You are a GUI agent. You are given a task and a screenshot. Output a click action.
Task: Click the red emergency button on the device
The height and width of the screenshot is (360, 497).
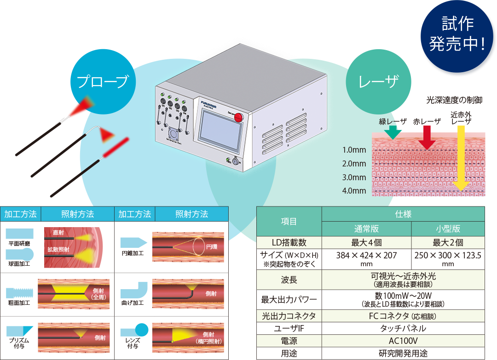238,117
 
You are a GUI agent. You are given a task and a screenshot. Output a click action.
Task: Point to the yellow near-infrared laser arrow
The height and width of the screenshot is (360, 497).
461,156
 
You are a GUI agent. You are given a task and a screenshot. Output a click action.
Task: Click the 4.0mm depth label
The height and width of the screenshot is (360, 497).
354,191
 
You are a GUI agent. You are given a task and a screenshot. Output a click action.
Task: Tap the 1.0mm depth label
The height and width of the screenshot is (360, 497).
354,150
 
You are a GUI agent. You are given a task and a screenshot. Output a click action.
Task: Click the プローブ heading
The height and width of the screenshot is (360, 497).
102,82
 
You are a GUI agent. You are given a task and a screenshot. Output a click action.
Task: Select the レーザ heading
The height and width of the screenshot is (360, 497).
378,82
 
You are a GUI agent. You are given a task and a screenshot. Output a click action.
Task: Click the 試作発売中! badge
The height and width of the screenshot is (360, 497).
457,34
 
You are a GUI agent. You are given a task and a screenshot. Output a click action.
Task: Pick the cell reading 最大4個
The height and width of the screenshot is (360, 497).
366,243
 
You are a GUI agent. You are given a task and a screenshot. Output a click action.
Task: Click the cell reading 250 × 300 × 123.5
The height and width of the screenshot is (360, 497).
448,255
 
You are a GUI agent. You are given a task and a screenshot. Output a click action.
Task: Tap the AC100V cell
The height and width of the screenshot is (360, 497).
403,341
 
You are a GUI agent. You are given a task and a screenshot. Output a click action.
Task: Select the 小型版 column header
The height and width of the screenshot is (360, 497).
448,229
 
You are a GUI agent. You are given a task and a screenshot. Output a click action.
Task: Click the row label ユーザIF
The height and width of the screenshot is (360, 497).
289,328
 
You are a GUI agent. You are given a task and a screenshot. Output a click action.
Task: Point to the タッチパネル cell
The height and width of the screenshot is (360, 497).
403,328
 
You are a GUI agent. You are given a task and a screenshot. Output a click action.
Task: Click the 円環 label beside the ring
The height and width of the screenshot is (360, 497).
213,247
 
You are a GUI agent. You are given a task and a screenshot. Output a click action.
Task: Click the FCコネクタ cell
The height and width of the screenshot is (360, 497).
403,316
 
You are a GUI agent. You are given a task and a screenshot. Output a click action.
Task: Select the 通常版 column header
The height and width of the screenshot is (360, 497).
366,229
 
